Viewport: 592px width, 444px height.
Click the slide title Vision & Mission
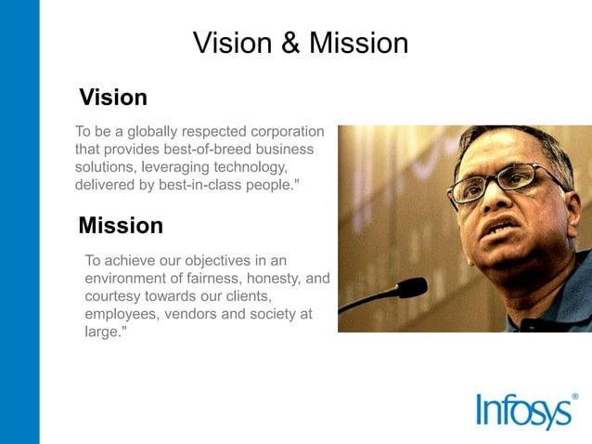point(300,43)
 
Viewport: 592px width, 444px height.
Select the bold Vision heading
point(113,98)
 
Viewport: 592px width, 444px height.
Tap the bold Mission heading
point(121,226)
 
